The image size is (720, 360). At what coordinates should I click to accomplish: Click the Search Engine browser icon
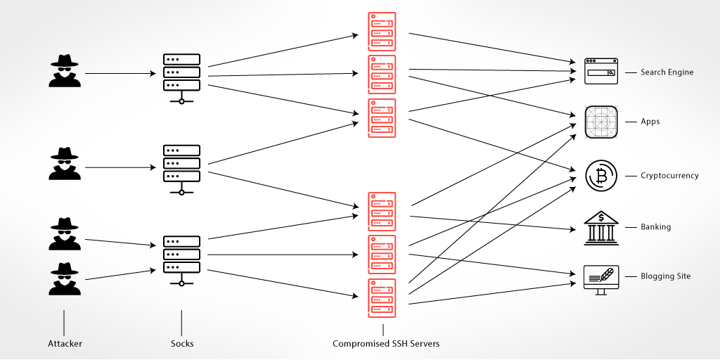pos(601,72)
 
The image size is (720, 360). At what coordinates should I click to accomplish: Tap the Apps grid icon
pos(601,122)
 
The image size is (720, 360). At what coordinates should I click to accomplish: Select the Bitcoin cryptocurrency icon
pos(601,176)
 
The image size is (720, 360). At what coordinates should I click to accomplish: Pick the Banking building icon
pos(601,227)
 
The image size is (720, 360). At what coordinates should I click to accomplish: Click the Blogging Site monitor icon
pos(601,278)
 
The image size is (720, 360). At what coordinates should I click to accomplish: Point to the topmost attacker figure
pos(65,71)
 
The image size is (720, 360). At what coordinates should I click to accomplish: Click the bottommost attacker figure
pos(65,279)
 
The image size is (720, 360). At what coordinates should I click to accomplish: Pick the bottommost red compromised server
pos(382,298)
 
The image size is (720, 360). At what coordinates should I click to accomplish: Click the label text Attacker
pos(65,344)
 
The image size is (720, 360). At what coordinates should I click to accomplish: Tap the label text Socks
pos(182,344)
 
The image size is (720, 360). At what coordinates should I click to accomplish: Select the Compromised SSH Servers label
pos(386,344)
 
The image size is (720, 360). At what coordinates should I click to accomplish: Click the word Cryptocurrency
pos(669,176)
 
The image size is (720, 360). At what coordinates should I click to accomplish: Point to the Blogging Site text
pos(665,276)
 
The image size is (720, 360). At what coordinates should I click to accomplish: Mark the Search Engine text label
pos(667,72)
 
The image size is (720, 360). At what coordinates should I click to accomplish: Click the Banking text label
pos(655,227)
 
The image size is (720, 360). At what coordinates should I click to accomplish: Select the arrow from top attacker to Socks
pos(120,73)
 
